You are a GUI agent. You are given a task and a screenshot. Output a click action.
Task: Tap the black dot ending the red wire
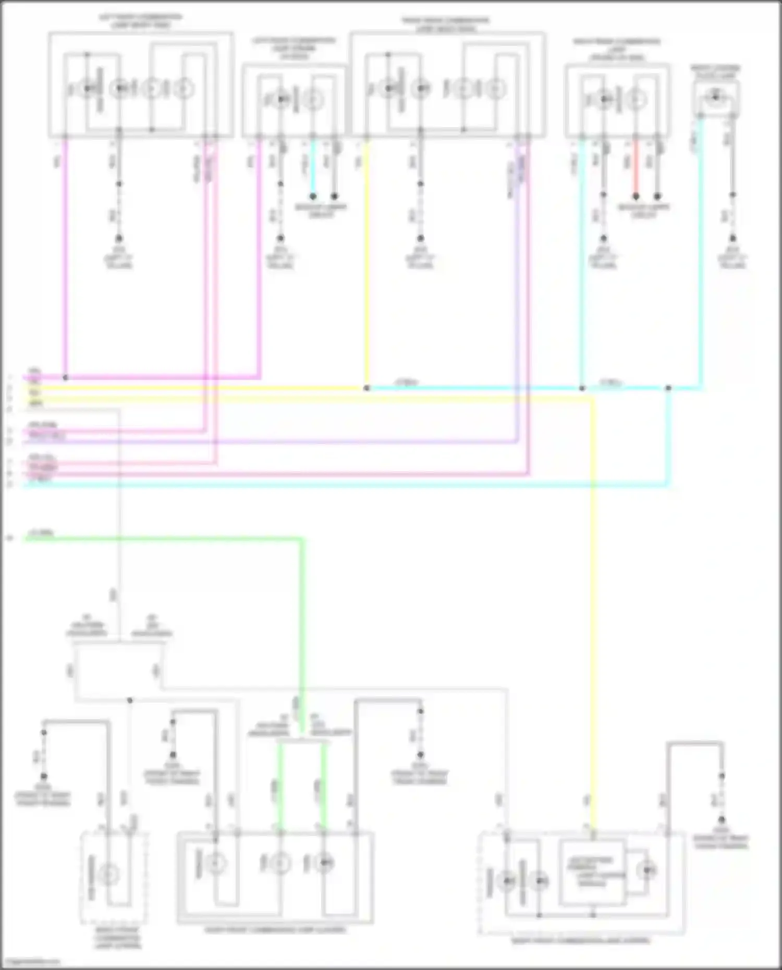click(636, 197)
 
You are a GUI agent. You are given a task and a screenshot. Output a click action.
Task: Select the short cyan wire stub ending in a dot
click(313, 167)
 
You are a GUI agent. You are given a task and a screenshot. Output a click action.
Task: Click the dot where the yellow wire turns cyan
click(366, 388)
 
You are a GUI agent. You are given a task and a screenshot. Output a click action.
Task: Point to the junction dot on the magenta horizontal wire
click(65, 377)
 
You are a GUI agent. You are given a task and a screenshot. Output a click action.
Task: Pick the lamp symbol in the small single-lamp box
click(715, 96)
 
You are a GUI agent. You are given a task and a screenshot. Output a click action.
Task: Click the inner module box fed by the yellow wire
click(593, 871)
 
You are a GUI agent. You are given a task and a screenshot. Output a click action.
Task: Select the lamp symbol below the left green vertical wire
click(280, 864)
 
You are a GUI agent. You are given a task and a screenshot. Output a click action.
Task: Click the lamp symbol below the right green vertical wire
click(323, 864)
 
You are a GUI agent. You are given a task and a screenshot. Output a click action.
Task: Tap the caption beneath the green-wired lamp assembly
click(275, 929)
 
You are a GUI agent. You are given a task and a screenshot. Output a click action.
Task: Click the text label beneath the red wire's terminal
click(643, 211)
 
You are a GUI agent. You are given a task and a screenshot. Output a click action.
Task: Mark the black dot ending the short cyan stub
click(313, 197)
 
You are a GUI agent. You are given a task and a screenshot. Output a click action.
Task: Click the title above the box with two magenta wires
click(140, 21)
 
